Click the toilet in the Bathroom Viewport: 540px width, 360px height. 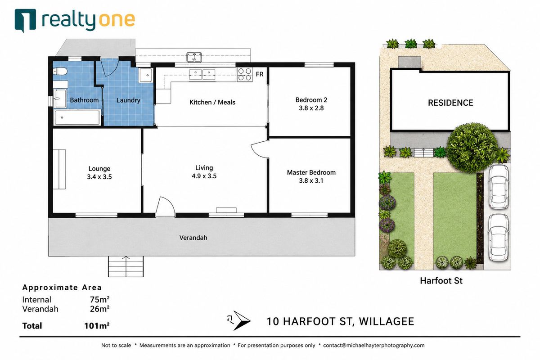coord(60,72)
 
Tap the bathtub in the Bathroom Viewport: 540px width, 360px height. coord(77,117)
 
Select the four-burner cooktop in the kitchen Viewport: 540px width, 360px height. coord(245,75)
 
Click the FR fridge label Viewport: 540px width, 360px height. coord(259,74)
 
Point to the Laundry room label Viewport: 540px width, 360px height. coord(128,100)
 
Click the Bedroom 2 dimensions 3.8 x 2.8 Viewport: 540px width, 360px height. coord(311,108)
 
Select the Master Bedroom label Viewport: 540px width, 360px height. coord(311,172)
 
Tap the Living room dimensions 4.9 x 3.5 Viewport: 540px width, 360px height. coord(204,176)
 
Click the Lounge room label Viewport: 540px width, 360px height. coord(99,169)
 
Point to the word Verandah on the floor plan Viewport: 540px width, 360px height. coord(193,238)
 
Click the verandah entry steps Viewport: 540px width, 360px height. coord(126,266)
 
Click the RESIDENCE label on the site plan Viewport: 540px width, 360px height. coord(450,103)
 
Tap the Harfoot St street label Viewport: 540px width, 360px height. coord(441,281)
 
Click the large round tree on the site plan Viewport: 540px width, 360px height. coord(472,148)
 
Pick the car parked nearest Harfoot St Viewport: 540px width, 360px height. coord(498,238)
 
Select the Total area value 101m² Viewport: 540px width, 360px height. coord(97,326)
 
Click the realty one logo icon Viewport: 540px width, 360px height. coord(25,20)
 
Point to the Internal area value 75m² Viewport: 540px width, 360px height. coord(99,300)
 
